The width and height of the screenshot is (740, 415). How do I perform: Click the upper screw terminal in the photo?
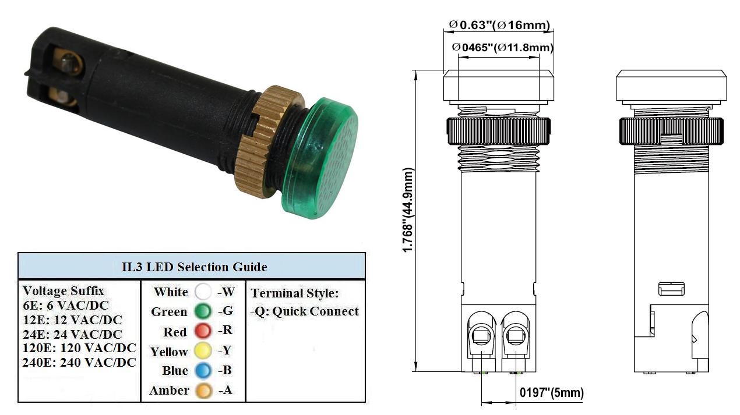point(69,61)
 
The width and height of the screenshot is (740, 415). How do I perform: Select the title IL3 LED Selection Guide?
point(194,267)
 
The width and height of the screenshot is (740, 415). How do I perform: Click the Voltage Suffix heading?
point(63,291)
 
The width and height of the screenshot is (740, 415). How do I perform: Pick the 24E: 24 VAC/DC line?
point(72,334)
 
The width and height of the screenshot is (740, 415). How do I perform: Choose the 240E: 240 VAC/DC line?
point(79,363)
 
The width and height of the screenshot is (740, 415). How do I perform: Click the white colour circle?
point(203,292)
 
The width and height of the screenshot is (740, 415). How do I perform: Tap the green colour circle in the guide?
point(203,311)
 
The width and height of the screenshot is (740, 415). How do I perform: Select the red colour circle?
point(203,331)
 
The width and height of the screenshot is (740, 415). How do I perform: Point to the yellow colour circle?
point(203,350)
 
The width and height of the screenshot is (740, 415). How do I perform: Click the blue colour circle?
point(203,370)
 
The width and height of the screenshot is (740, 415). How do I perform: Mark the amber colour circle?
point(203,391)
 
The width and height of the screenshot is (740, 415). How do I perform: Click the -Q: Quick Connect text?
point(304,311)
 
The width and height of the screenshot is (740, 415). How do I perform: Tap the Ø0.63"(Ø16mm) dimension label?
point(499,25)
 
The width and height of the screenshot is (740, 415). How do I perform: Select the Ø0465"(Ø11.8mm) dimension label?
point(502,48)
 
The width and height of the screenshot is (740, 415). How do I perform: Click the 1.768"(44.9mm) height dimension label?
point(408,210)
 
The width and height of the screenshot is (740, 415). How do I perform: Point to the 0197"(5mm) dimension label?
point(552,392)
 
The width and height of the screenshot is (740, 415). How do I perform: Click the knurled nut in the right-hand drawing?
point(671,131)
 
